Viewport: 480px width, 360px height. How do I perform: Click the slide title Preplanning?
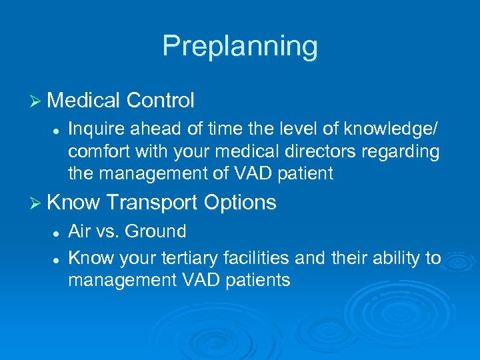(x=240, y=46)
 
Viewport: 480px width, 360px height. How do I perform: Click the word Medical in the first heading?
(x=83, y=101)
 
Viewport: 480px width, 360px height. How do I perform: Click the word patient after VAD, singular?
(x=301, y=173)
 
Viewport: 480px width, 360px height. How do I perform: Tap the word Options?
(x=241, y=202)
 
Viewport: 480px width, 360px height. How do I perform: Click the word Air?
(x=79, y=232)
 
